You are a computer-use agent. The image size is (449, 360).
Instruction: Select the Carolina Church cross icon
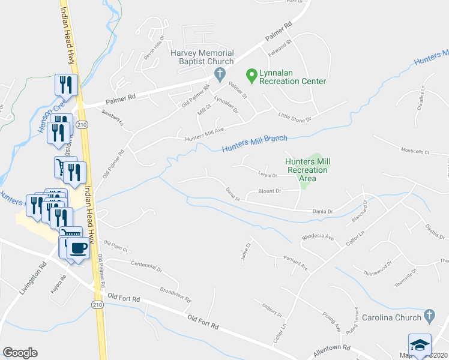429,316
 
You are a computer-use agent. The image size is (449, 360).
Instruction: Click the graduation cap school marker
420,345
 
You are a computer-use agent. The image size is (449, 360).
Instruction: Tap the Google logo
20,353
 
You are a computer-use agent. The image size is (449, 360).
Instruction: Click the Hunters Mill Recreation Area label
307,170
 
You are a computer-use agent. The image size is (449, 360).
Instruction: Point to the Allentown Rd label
330,347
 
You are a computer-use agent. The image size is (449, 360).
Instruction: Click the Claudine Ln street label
421,97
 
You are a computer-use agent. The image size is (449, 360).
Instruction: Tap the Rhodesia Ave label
318,238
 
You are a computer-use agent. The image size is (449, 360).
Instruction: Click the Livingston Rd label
32,278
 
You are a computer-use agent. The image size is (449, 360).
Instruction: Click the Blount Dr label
270,191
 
